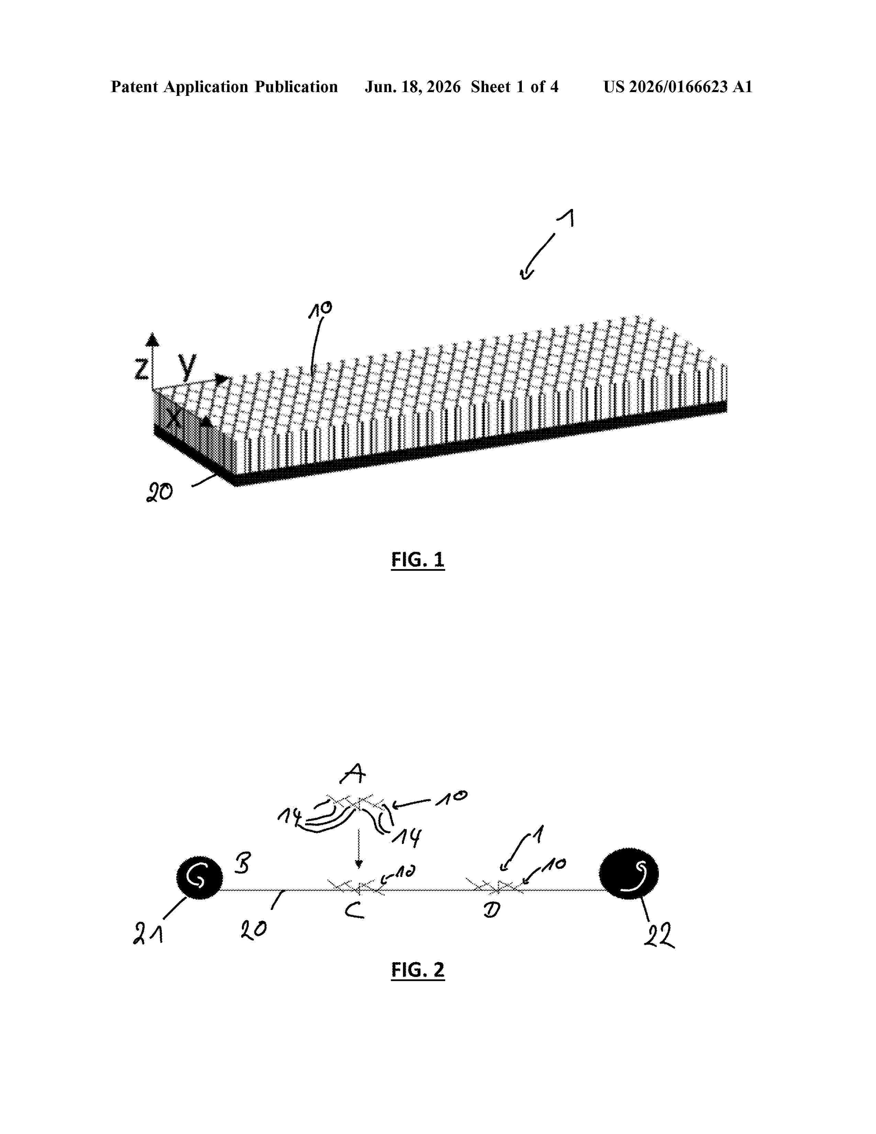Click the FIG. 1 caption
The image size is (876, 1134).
tap(418, 560)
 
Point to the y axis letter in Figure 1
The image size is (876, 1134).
tap(187, 366)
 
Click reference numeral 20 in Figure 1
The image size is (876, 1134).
tap(159, 492)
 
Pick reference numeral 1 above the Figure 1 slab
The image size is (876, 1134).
tap(569, 218)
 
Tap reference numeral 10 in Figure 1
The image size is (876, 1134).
tap(320, 310)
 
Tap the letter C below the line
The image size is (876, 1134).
tap(355, 910)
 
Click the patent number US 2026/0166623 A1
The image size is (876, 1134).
tap(678, 87)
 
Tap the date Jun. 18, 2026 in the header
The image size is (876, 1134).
tap(413, 87)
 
